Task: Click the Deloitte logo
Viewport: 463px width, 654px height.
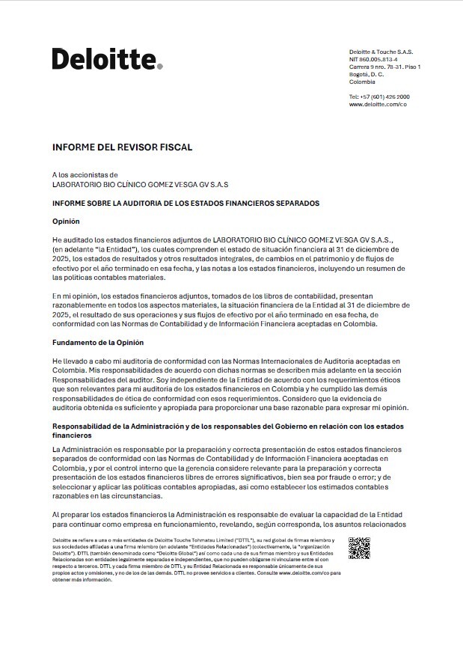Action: pyautogui.click(x=105, y=58)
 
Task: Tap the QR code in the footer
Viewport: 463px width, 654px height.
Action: pyautogui.click(x=359, y=548)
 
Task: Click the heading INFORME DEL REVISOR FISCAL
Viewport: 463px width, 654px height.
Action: pyautogui.click(x=122, y=147)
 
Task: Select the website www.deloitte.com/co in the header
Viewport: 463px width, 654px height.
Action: pyautogui.click(x=378, y=105)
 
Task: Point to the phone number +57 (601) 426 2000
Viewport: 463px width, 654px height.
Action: pyautogui.click(x=379, y=97)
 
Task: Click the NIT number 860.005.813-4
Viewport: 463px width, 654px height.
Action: pyautogui.click(x=373, y=59)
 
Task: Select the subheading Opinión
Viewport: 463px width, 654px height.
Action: pyautogui.click(x=66, y=221)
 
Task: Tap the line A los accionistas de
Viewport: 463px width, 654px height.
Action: pyautogui.click(x=85, y=174)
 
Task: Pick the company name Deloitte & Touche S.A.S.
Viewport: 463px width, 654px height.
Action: pyautogui.click(x=381, y=52)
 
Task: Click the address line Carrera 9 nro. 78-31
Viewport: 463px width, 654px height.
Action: pyautogui.click(x=384, y=67)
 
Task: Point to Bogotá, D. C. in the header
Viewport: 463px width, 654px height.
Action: pyautogui.click(x=367, y=74)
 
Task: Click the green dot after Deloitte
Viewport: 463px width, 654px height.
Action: pyautogui.click(x=159, y=67)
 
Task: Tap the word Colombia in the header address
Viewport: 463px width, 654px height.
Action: pyautogui.click(x=362, y=82)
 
